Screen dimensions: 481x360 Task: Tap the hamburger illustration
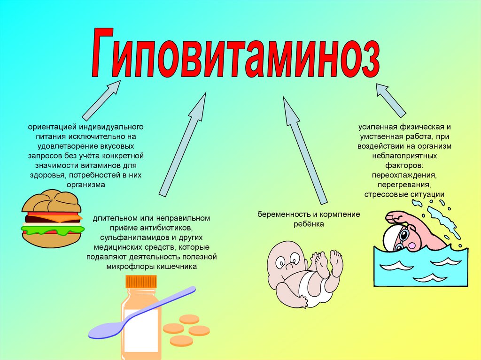tap(52, 218)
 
